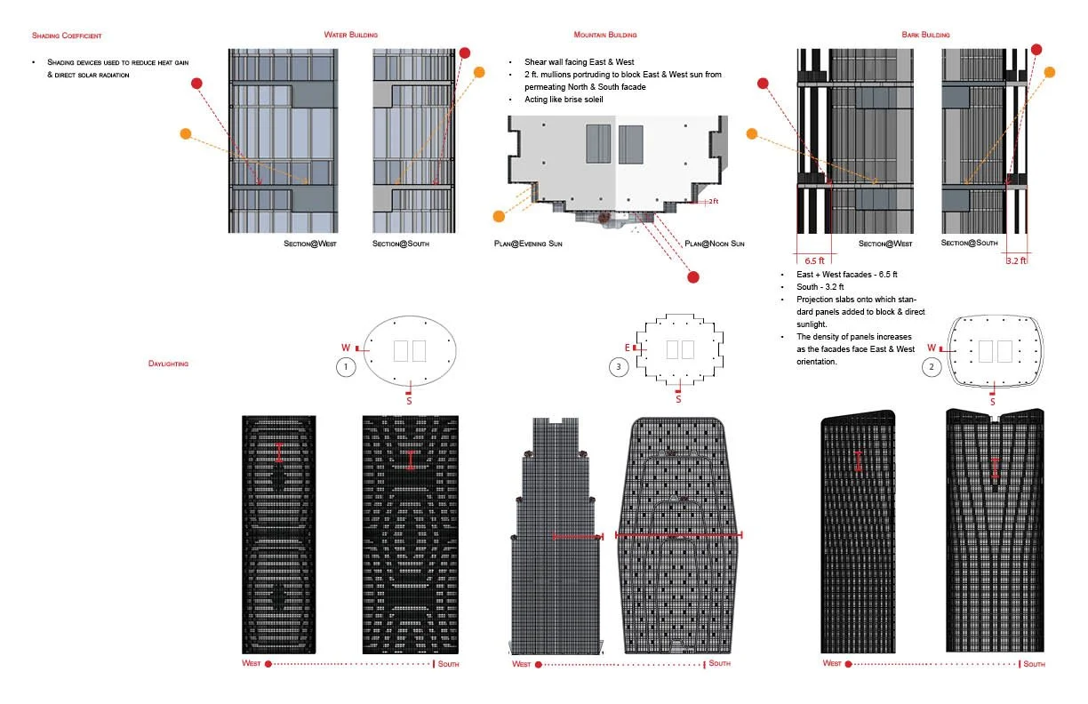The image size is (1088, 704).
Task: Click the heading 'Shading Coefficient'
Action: (67, 36)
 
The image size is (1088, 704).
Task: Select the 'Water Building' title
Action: (351, 35)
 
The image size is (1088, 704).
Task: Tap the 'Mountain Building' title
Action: (604, 35)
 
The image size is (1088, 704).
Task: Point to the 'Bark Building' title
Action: (924, 35)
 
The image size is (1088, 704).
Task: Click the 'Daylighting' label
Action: (168, 364)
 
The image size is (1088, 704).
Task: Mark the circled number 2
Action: (930, 365)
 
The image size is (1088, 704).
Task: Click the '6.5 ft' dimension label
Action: (814, 261)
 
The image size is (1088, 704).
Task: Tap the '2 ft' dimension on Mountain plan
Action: (713, 202)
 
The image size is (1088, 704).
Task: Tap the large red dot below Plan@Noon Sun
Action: (693, 276)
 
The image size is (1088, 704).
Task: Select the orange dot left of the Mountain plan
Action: (497, 216)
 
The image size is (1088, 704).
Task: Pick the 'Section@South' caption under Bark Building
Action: (969, 244)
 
